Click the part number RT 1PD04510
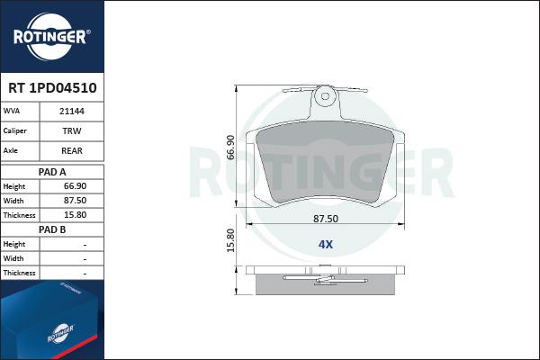click(52, 88)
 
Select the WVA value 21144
click(72, 112)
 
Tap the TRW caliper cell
click(72, 130)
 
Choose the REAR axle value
click(72, 150)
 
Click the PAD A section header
click(52, 172)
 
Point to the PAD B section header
click(52, 229)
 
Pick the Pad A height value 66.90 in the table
click(75, 186)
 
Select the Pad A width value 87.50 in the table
click(75, 201)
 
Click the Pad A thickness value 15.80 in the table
click(75, 215)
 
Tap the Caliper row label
click(14, 130)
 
